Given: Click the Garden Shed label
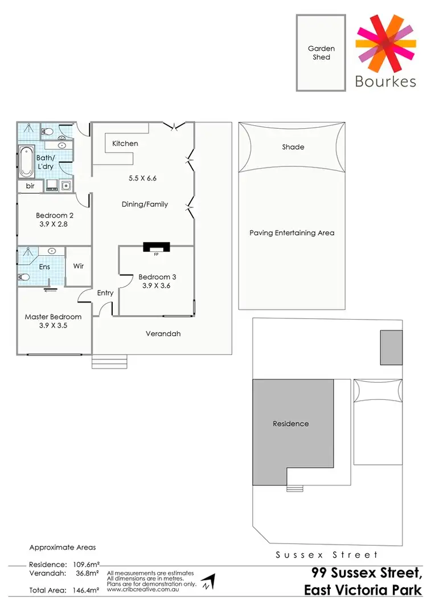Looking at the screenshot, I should [321, 53].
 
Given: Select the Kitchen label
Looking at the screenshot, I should [125, 144].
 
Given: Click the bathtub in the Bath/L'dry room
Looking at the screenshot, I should [26, 161].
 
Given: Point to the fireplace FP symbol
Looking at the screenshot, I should [156, 247].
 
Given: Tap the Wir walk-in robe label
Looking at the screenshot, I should [79, 266].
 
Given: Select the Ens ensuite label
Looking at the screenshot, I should [44, 267].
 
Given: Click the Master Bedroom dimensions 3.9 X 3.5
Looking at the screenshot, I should [53, 326].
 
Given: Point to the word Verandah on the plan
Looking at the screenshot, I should [162, 334].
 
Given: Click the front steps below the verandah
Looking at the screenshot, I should [110, 362].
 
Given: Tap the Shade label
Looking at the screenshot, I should [293, 147].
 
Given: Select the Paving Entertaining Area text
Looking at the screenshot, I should [292, 233].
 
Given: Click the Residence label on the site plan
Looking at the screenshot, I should [290, 424].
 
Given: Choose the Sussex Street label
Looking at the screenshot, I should [326, 554].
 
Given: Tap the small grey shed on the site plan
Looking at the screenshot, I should [391, 348].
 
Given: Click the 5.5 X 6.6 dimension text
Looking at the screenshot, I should [142, 178].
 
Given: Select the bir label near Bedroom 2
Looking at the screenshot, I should [30, 186].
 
